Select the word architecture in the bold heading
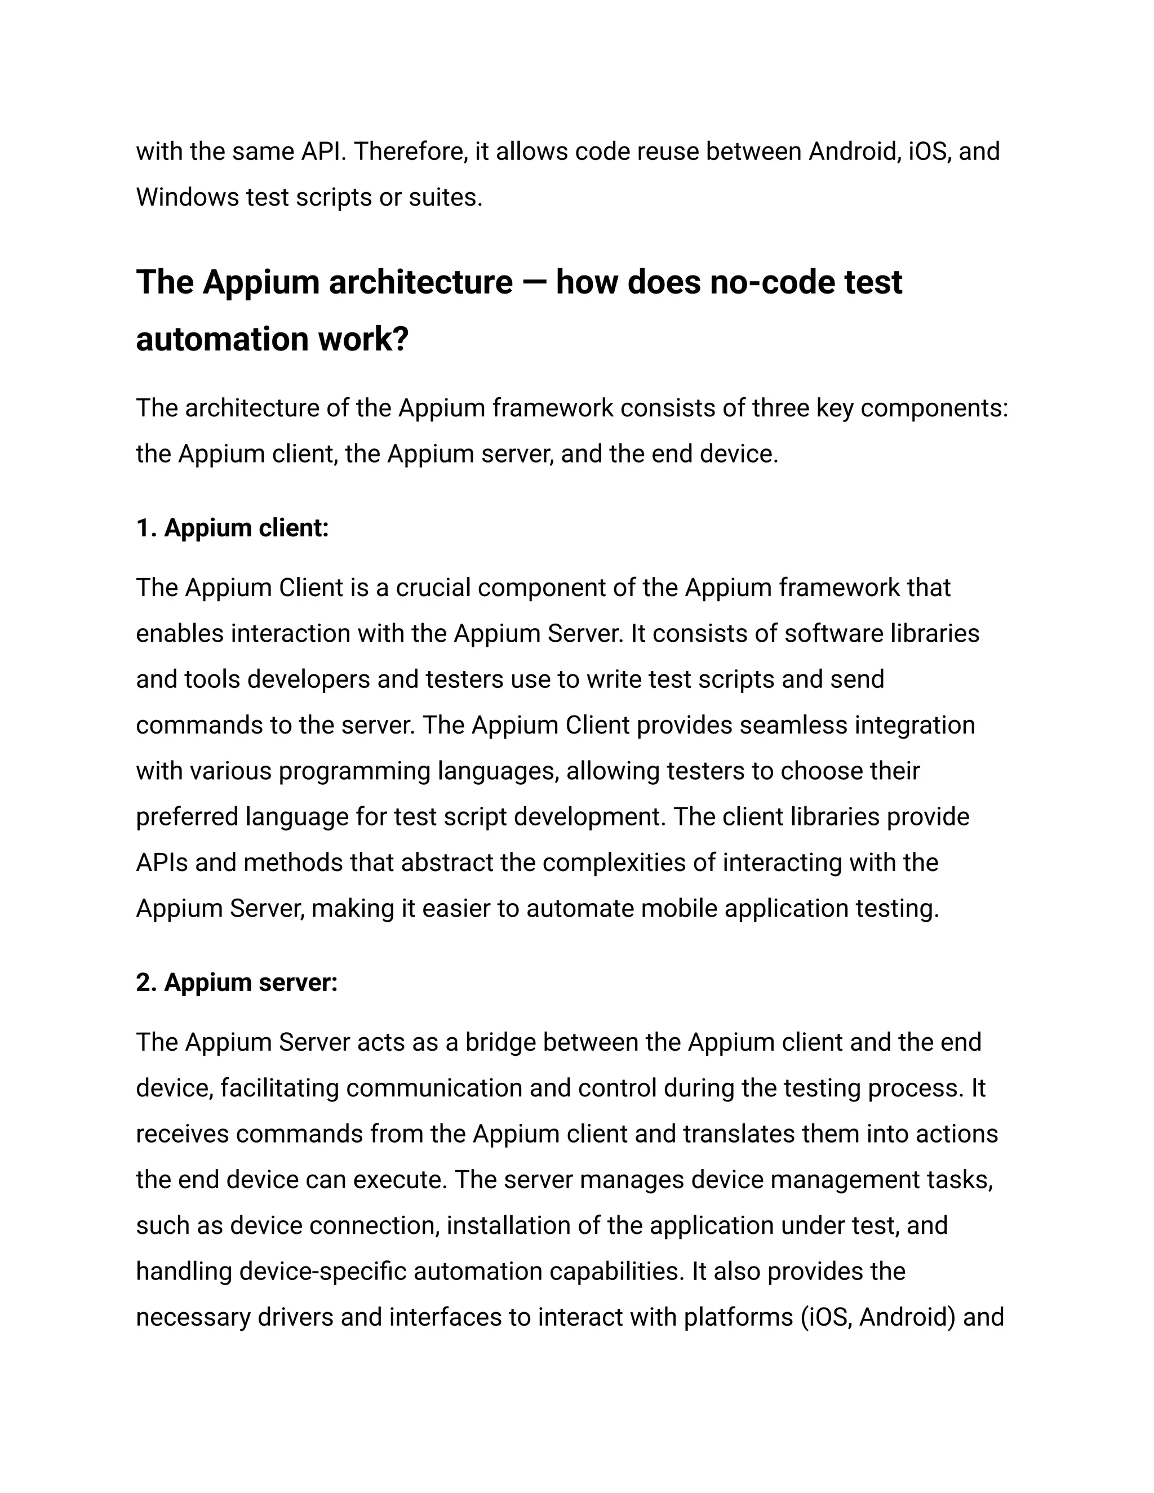pos(420,282)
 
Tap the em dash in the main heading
pos(534,282)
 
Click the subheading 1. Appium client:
pos(233,528)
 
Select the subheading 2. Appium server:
pos(237,983)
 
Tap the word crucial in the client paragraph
pos(433,588)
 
